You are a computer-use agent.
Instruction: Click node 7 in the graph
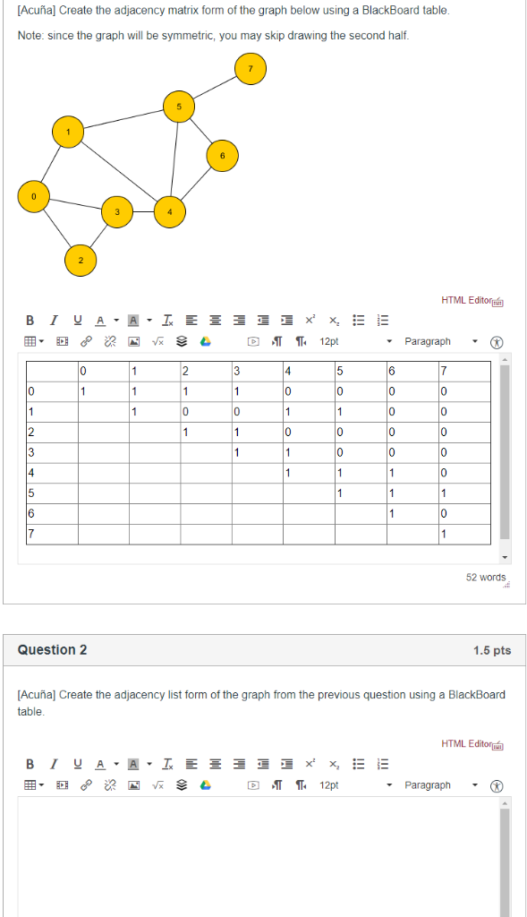251,69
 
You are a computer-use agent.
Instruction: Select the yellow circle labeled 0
34,196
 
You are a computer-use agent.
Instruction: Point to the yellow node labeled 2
79,260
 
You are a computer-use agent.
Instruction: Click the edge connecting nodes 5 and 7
215,88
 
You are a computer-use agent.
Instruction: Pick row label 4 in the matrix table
31,472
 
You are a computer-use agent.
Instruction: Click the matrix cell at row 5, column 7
443,493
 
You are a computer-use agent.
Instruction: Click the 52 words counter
485,578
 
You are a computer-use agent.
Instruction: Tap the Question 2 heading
53,650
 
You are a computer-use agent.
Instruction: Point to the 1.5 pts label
492,650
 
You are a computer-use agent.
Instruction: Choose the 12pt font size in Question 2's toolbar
329,785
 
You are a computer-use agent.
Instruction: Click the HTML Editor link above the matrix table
466,301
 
